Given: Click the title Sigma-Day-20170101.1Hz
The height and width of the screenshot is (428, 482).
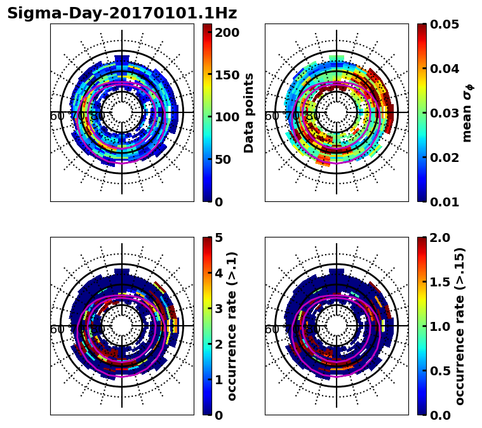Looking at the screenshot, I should coord(122,13).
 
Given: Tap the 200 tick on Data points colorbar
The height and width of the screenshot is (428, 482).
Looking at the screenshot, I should coord(226,32).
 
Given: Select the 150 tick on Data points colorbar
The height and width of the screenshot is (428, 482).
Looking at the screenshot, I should coord(226,75).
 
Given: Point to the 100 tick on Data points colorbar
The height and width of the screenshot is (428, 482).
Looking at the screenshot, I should coord(226,117).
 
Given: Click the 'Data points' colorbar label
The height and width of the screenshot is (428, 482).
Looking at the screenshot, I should coord(249,113).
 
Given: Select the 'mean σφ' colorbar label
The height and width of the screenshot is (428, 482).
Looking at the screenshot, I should coord(467,113).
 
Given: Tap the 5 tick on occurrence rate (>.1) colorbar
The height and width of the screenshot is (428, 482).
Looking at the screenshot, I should coord(218,237).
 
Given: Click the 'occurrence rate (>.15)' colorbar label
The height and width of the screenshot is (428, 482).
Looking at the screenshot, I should coord(460,326).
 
